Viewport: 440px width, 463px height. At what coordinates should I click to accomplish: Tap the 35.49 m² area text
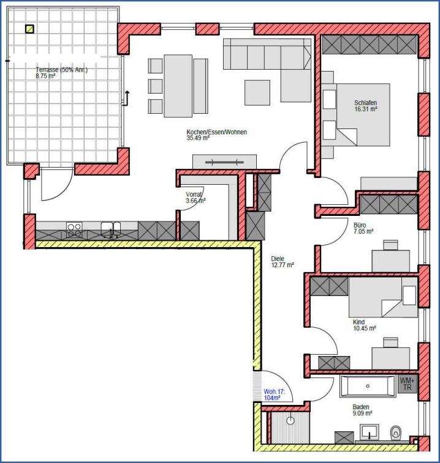(x=198, y=138)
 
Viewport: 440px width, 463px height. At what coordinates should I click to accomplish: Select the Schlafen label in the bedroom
(x=365, y=103)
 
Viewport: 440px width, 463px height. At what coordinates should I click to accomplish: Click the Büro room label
(x=360, y=225)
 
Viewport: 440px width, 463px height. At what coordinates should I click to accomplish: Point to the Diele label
(x=278, y=259)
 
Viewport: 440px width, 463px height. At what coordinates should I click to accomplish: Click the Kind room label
(x=358, y=322)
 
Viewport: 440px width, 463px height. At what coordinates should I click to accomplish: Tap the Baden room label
(x=361, y=407)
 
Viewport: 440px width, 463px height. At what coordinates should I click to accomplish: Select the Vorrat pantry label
(x=194, y=194)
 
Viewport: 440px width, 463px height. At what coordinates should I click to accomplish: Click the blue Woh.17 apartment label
(x=274, y=391)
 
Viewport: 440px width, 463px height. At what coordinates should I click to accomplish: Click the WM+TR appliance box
(x=407, y=384)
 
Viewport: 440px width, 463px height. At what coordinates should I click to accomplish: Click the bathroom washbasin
(x=370, y=431)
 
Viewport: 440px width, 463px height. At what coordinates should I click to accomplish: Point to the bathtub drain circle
(x=368, y=386)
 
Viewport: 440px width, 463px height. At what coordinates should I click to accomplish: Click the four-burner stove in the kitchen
(x=74, y=230)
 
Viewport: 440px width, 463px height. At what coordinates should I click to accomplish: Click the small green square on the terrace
(x=29, y=29)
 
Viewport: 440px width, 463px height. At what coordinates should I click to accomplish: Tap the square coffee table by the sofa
(x=257, y=92)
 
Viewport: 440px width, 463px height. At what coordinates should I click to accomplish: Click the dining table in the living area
(x=178, y=86)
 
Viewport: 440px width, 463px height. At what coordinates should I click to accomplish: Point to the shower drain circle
(x=290, y=421)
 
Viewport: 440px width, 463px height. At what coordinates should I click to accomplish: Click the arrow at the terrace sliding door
(x=126, y=98)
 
